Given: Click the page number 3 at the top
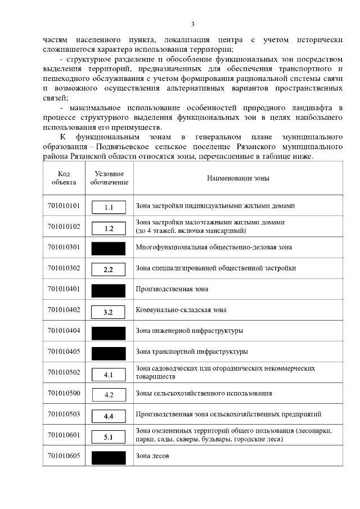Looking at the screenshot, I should pos(192,24).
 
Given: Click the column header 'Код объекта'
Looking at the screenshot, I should pos(64,178).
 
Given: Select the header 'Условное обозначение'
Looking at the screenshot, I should pos(109,178).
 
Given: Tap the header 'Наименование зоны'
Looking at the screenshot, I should pos(238,178).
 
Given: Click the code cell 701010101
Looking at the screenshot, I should pos(64,206).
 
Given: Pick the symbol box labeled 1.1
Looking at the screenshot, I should pos(109,207).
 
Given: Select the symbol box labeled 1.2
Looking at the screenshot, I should pos(109,228).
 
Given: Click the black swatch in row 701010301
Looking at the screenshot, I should pos(109,247).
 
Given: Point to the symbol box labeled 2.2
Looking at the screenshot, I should pos(109,269).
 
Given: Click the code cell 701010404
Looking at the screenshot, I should pos(64,331).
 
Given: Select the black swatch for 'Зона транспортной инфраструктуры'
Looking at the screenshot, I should pos(109,353).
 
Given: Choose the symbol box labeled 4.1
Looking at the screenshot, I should pos(109,373).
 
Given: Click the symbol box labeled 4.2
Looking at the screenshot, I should pos(109,394).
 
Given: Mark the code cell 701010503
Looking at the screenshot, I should pos(64,414).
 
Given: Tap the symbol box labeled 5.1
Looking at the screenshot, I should pos(109,436).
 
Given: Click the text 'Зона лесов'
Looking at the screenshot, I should pos(152,456).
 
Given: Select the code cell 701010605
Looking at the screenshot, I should pos(64,456).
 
